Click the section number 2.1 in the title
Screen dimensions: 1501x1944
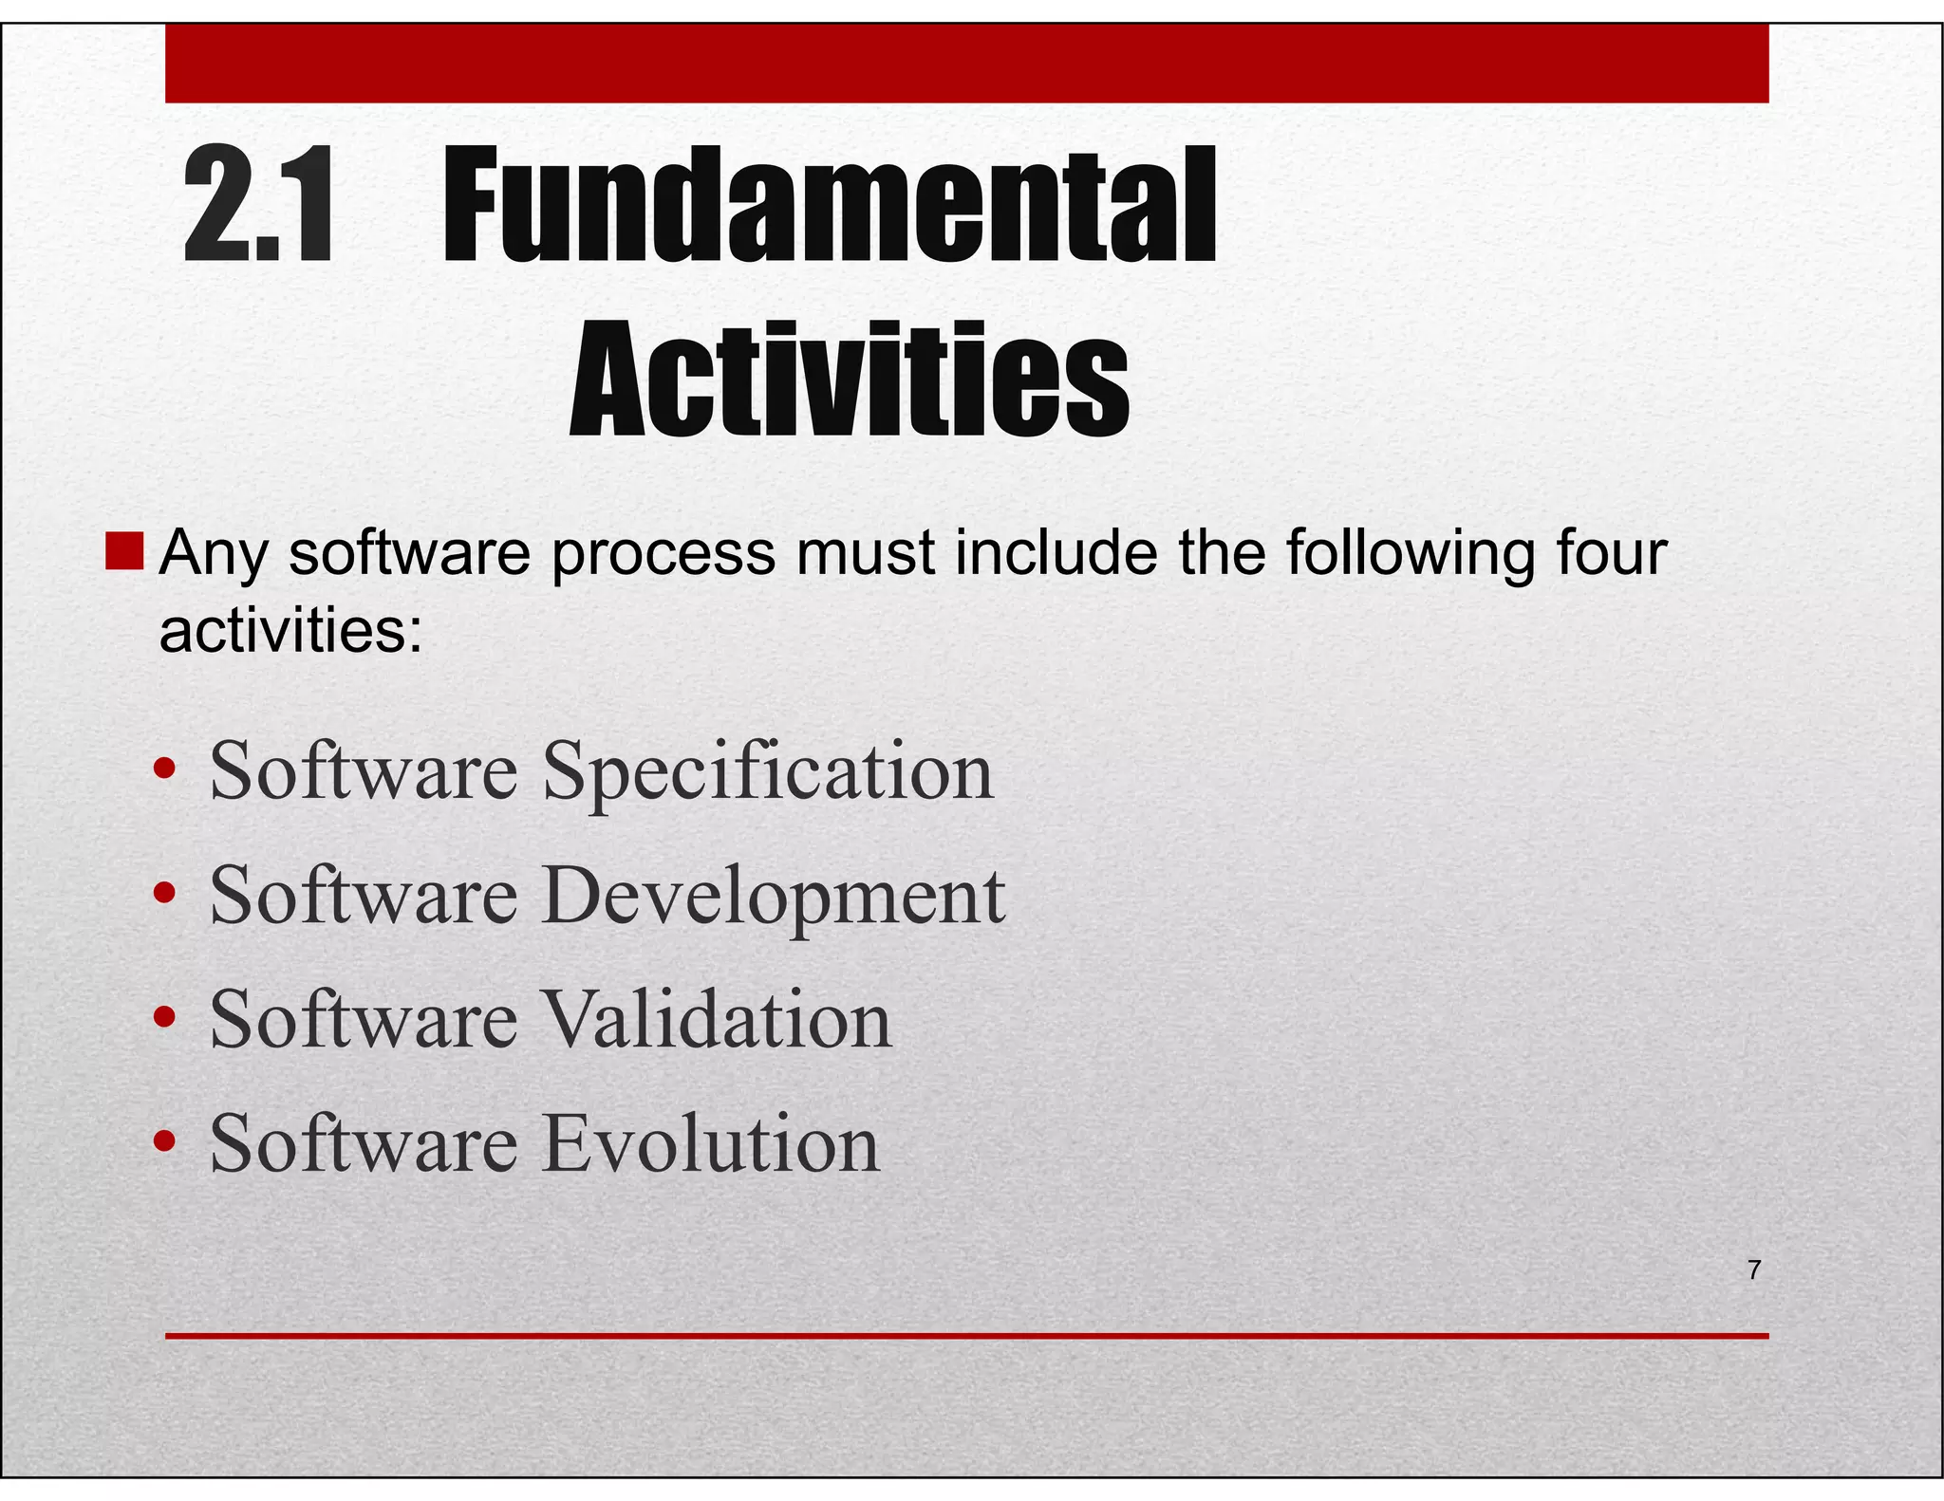click(x=258, y=204)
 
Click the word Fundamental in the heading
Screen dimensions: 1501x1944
click(x=829, y=204)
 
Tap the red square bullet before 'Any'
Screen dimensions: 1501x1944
click(x=124, y=552)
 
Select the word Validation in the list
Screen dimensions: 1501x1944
click(x=717, y=1020)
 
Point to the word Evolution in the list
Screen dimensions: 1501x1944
click(x=711, y=1144)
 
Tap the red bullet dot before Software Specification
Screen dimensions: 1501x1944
click(x=165, y=769)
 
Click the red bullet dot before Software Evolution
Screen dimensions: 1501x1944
click(x=165, y=1141)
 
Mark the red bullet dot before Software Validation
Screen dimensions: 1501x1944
click(x=165, y=1017)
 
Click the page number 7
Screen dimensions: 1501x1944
click(x=1754, y=1269)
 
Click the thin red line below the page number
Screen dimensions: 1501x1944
click(x=966, y=1336)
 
